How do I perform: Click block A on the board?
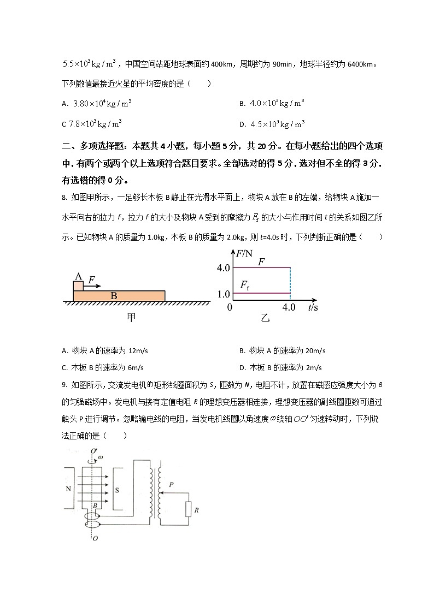coord(79,285)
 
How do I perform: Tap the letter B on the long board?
coord(114,296)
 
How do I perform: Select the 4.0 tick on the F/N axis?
coord(222,268)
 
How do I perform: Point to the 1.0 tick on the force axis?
coord(223,294)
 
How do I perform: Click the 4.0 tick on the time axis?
coord(289,308)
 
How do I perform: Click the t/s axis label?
coord(314,308)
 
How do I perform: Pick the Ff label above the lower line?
coord(245,285)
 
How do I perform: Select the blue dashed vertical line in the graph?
coord(290,284)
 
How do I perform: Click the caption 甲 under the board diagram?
coord(131,318)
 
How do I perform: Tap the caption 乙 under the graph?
coord(265,318)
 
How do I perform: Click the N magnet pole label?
coord(69,489)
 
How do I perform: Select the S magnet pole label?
coord(117,489)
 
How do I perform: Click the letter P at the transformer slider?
coord(171,484)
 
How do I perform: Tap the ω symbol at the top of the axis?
coord(99,457)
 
